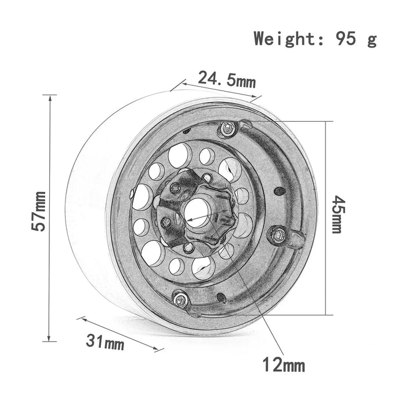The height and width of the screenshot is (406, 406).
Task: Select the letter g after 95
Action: point(372,41)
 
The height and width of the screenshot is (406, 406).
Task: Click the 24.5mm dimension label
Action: point(227,79)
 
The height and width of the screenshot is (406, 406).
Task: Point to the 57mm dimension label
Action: point(39,211)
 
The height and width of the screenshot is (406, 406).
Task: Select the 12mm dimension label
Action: point(282,365)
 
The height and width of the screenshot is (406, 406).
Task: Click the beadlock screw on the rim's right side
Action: point(277,234)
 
